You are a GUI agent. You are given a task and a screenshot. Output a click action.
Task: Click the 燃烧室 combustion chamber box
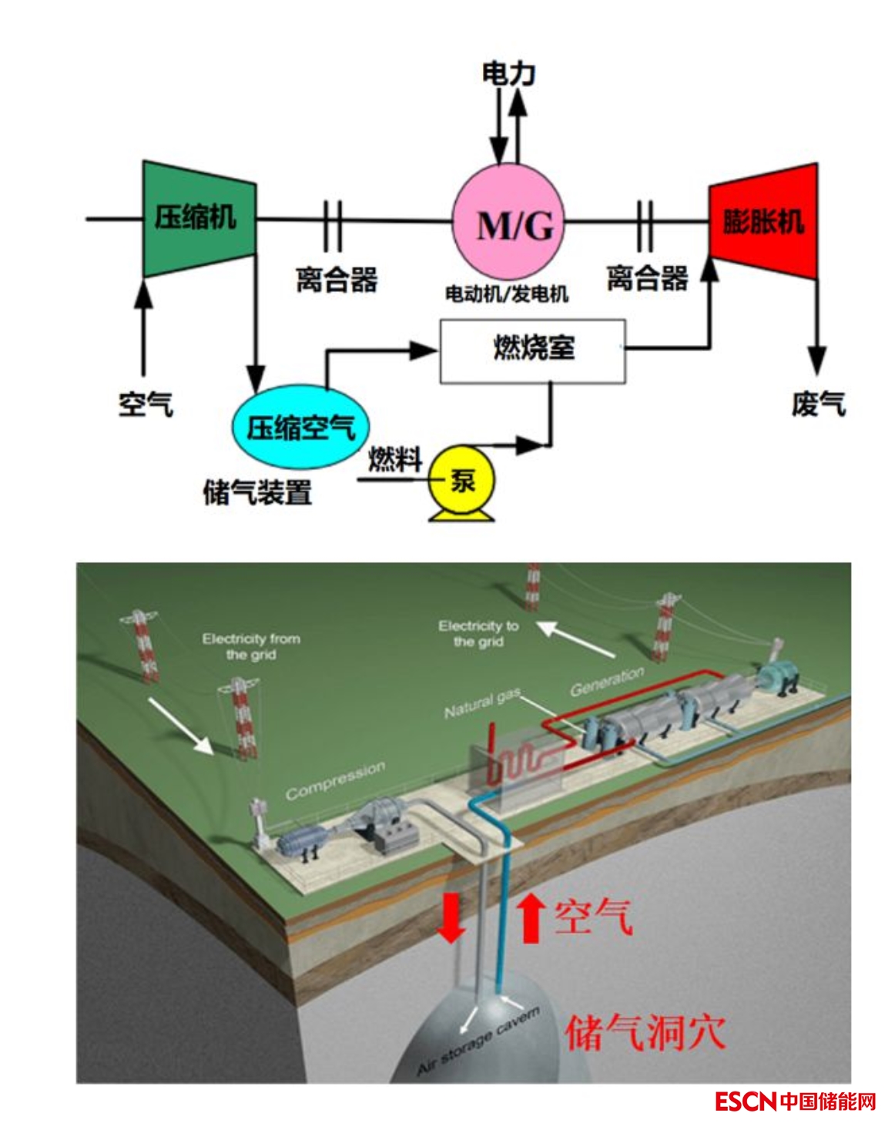click(532, 350)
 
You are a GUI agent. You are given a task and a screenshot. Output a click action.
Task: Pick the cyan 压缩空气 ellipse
click(300, 427)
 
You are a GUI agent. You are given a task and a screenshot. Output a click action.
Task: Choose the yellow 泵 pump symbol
click(461, 483)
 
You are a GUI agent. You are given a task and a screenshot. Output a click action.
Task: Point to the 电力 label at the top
click(508, 74)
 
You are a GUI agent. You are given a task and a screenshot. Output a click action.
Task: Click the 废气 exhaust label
click(817, 404)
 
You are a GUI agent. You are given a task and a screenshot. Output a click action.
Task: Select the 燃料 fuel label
click(395, 460)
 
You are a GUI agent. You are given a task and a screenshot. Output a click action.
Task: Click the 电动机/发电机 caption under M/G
click(506, 293)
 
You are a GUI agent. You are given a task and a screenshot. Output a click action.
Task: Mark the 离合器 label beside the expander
click(647, 279)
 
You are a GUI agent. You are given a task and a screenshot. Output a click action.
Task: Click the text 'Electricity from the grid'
click(251, 646)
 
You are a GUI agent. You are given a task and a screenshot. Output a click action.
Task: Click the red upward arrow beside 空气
click(530, 916)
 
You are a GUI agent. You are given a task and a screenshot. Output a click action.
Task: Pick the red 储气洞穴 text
click(645, 1032)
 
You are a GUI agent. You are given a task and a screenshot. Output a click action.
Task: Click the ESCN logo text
click(745, 1101)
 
